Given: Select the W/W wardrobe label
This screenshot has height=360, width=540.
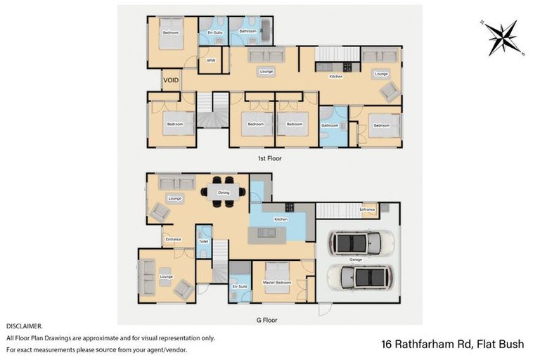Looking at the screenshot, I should click(x=210, y=61).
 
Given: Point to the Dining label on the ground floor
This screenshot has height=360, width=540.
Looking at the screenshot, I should click(x=224, y=192).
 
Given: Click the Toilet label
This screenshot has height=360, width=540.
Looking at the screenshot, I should click(x=204, y=241).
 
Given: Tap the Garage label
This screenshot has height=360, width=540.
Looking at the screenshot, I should click(x=356, y=259).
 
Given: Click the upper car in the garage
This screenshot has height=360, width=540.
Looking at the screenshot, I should click(x=363, y=243).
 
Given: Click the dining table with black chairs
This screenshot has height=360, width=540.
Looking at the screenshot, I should click(x=224, y=191).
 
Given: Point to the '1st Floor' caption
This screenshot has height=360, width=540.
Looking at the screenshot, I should click(x=270, y=159).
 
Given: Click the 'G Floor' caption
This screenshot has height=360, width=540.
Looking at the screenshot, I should click(x=267, y=320).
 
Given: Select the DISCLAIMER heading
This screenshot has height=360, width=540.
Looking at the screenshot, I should click(x=25, y=326).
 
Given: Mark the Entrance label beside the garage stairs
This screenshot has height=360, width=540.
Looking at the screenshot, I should click(x=367, y=209).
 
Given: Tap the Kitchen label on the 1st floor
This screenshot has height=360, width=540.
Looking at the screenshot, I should click(x=336, y=76).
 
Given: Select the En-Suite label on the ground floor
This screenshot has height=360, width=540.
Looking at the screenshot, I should click(x=238, y=287).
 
